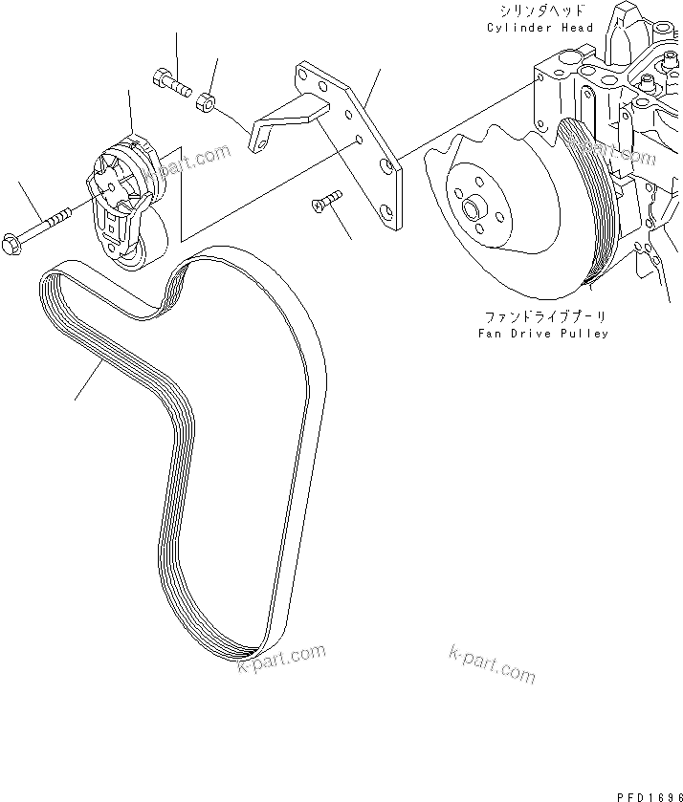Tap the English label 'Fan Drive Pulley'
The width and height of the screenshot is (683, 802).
point(542,334)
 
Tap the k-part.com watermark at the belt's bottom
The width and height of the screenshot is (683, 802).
point(282,661)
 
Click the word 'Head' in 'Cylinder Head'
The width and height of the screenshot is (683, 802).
point(577,28)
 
